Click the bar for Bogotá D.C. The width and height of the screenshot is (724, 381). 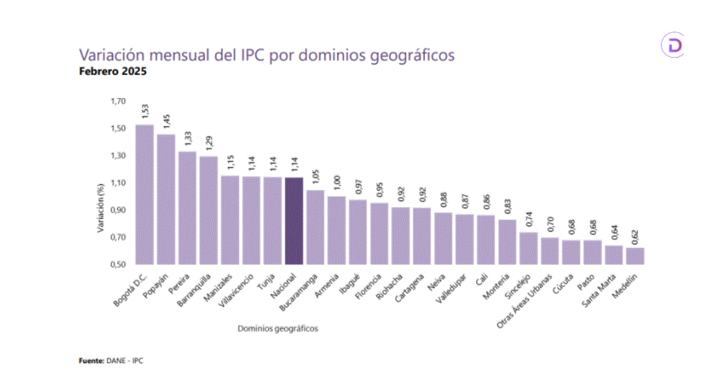[144, 194]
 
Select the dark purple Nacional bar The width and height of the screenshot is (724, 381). [293, 221]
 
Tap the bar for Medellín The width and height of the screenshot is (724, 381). [635, 256]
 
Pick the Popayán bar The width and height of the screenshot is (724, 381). [166, 199]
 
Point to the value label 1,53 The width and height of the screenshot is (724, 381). [145, 111]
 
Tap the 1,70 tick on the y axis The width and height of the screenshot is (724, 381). [118, 101]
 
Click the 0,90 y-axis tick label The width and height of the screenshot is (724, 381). [118, 210]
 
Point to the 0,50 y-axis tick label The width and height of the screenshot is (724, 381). [118, 264]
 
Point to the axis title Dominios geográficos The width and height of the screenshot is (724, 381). [278, 328]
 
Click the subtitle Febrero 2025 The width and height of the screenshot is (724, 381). [112, 71]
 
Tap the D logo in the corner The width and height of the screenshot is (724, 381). [672, 46]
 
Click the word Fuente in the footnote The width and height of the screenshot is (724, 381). [90, 361]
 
